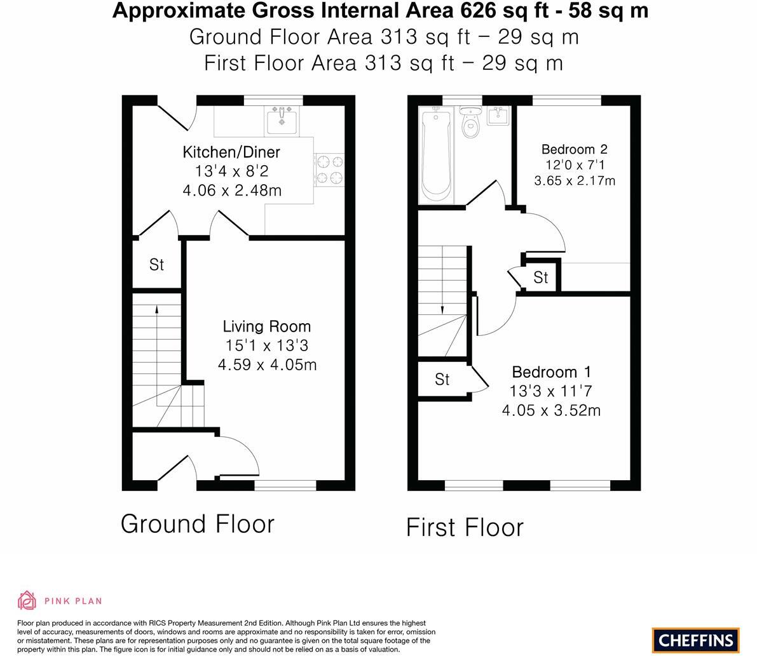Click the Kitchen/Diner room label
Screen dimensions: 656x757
click(231, 152)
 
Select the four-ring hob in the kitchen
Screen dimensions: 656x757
click(329, 170)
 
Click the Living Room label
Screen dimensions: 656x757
click(267, 326)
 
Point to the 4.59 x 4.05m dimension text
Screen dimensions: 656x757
click(267, 365)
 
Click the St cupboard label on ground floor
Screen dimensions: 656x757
click(156, 264)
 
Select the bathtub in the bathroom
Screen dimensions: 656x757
click(436, 155)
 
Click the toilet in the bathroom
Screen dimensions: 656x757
click(470, 123)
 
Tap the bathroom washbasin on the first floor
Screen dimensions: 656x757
click(499, 116)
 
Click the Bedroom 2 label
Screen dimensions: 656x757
click(575, 149)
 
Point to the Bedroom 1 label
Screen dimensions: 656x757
click(551, 372)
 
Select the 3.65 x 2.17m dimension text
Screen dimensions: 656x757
click(575, 180)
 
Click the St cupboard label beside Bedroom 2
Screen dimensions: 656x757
click(541, 278)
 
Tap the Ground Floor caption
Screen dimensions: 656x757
click(198, 524)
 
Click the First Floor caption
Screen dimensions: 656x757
click(465, 527)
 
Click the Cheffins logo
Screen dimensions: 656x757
click(696, 640)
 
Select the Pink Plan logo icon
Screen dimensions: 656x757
click(27, 600)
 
